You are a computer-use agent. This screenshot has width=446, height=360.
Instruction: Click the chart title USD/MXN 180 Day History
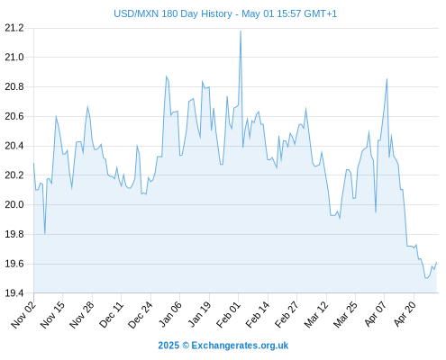pos(173,13)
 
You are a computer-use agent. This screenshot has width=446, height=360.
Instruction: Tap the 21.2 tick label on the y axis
pos(14,28)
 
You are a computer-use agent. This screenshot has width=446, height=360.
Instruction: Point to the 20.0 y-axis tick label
pos(14,204)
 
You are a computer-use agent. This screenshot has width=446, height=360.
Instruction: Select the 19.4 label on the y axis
pos(14,292)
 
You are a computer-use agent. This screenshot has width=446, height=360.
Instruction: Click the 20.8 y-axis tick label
pos(14,87)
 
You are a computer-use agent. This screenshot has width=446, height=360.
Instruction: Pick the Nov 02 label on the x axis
pos(23,314)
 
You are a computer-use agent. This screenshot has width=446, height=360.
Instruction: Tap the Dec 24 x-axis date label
pos(141,314)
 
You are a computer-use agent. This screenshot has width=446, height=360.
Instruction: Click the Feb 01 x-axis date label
pos(228,314)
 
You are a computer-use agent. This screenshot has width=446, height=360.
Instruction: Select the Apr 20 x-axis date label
pos(405,314)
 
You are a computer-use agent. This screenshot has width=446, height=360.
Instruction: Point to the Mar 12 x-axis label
pos(316,314)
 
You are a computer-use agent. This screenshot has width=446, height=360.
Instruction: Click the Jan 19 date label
pos(199,314)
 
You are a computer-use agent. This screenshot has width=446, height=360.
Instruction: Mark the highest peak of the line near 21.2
pos(241,31)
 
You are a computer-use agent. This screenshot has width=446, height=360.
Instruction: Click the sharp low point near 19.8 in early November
pos(45,233)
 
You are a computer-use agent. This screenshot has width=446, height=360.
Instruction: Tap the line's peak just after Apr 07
pos(387,79)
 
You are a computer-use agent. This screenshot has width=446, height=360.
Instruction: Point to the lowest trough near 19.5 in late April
pos(426,278)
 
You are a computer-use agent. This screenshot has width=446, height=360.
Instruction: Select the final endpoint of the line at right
pos(436,263)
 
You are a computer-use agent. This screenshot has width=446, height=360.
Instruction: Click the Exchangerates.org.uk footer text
pos(240,346)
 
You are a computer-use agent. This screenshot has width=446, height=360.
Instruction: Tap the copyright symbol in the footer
pos(186,346)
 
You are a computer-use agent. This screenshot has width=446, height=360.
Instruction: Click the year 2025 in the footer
pos(168,346)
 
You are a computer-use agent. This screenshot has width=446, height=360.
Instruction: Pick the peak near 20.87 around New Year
pos(166,76)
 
